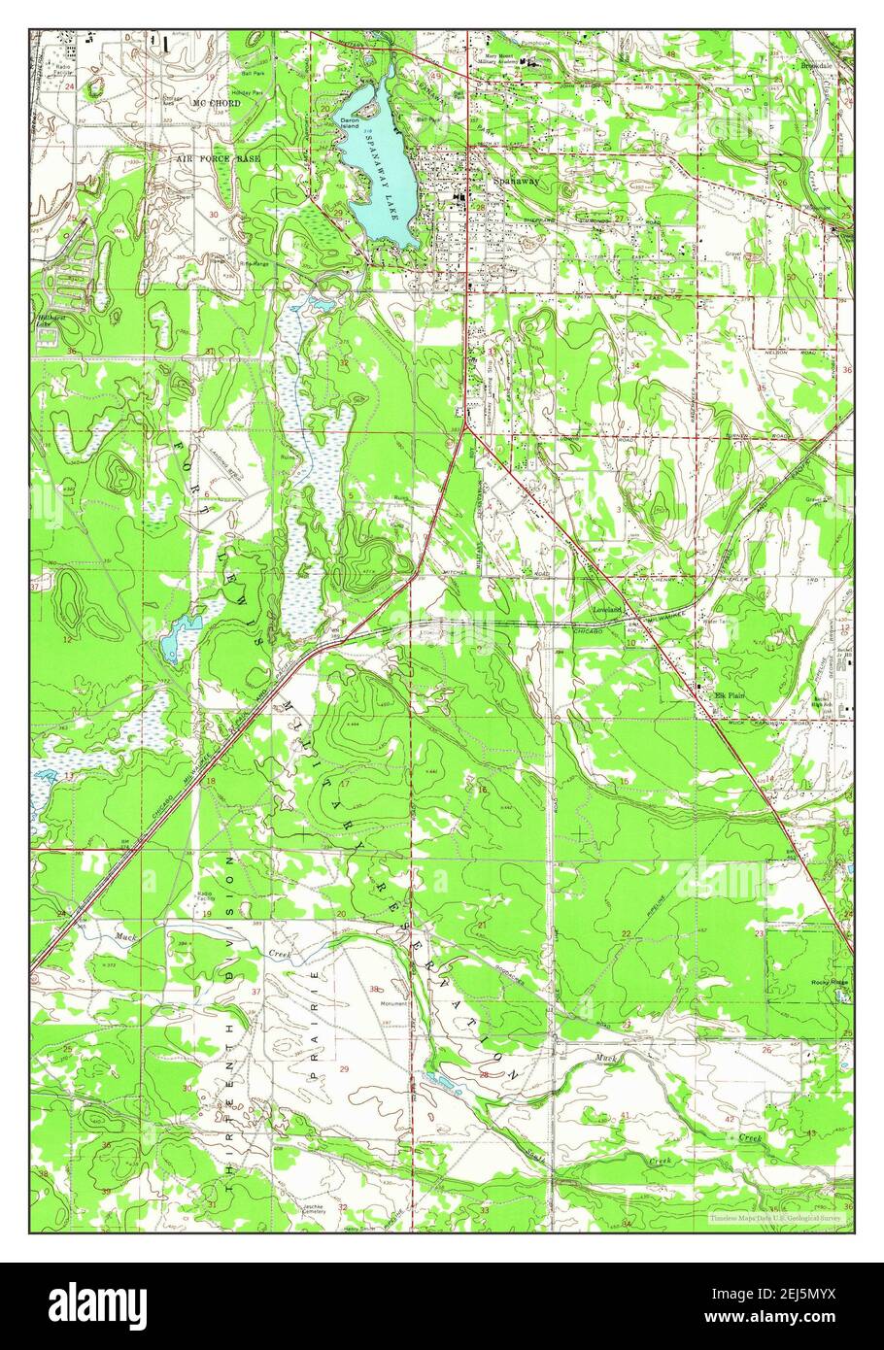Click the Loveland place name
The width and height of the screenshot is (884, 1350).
607,609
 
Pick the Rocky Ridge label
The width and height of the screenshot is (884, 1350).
830,982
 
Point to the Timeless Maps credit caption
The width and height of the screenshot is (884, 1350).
774,1217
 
